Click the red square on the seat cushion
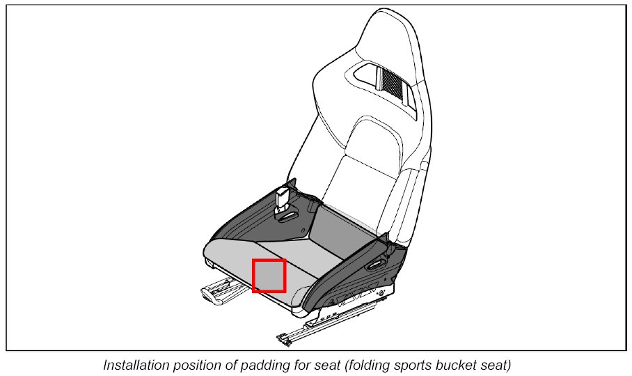pos(269,275)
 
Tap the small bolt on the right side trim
pos(382,295)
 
